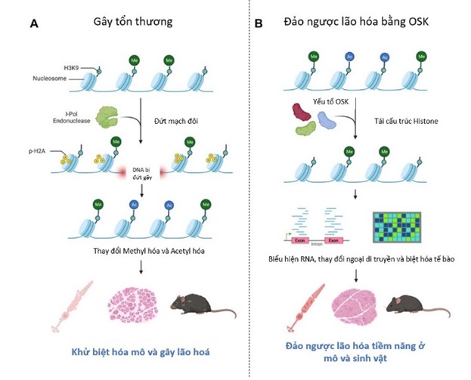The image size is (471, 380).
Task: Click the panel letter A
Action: click(x=34, y=24)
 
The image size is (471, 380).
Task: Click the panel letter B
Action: click(x=260, y=24)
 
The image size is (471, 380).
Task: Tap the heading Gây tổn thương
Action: click(x=139, y=22)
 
